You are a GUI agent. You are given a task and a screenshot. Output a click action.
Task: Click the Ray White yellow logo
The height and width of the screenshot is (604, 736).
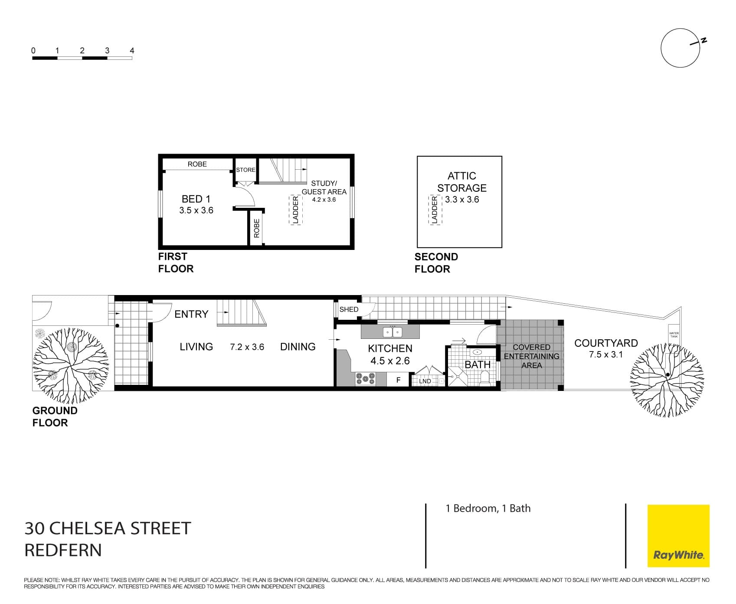[678, 535]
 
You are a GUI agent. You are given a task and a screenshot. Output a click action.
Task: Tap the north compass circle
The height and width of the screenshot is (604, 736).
[680, 48]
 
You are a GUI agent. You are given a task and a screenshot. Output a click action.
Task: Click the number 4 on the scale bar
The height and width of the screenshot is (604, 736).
[132, 51]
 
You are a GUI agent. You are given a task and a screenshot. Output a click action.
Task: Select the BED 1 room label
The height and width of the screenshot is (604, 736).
[196, 199]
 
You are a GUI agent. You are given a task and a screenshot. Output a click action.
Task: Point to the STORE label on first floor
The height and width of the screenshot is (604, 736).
[245, 170]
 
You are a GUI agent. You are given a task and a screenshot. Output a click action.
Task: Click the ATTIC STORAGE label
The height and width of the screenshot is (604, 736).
[461, 182]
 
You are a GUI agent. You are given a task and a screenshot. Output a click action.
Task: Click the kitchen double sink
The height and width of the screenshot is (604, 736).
[393, 332]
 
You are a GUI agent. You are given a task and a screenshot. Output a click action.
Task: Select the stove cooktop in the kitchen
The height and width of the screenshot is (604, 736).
[365, 379]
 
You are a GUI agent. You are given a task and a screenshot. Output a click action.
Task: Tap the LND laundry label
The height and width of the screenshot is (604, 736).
[425, 381]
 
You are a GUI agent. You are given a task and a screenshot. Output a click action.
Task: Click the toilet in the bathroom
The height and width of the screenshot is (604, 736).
[485, 378]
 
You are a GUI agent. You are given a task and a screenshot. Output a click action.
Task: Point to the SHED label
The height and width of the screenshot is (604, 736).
[349, 309]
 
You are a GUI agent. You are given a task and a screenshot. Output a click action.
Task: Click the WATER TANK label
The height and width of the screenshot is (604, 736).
[674, 335]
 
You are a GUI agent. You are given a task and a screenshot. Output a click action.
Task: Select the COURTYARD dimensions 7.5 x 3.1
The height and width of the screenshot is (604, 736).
[605, 355]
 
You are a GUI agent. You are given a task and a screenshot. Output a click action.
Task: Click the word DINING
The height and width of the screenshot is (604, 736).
[298, 347]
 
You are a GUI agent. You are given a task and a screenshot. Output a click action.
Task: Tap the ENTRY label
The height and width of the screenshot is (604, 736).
[191, 314]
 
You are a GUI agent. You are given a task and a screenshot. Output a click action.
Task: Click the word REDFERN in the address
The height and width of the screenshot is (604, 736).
[63, 550]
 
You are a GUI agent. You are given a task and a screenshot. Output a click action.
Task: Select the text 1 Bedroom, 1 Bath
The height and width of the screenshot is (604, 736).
[488, 509]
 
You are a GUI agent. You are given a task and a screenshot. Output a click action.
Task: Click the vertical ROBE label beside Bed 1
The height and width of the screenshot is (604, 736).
[256, 228]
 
